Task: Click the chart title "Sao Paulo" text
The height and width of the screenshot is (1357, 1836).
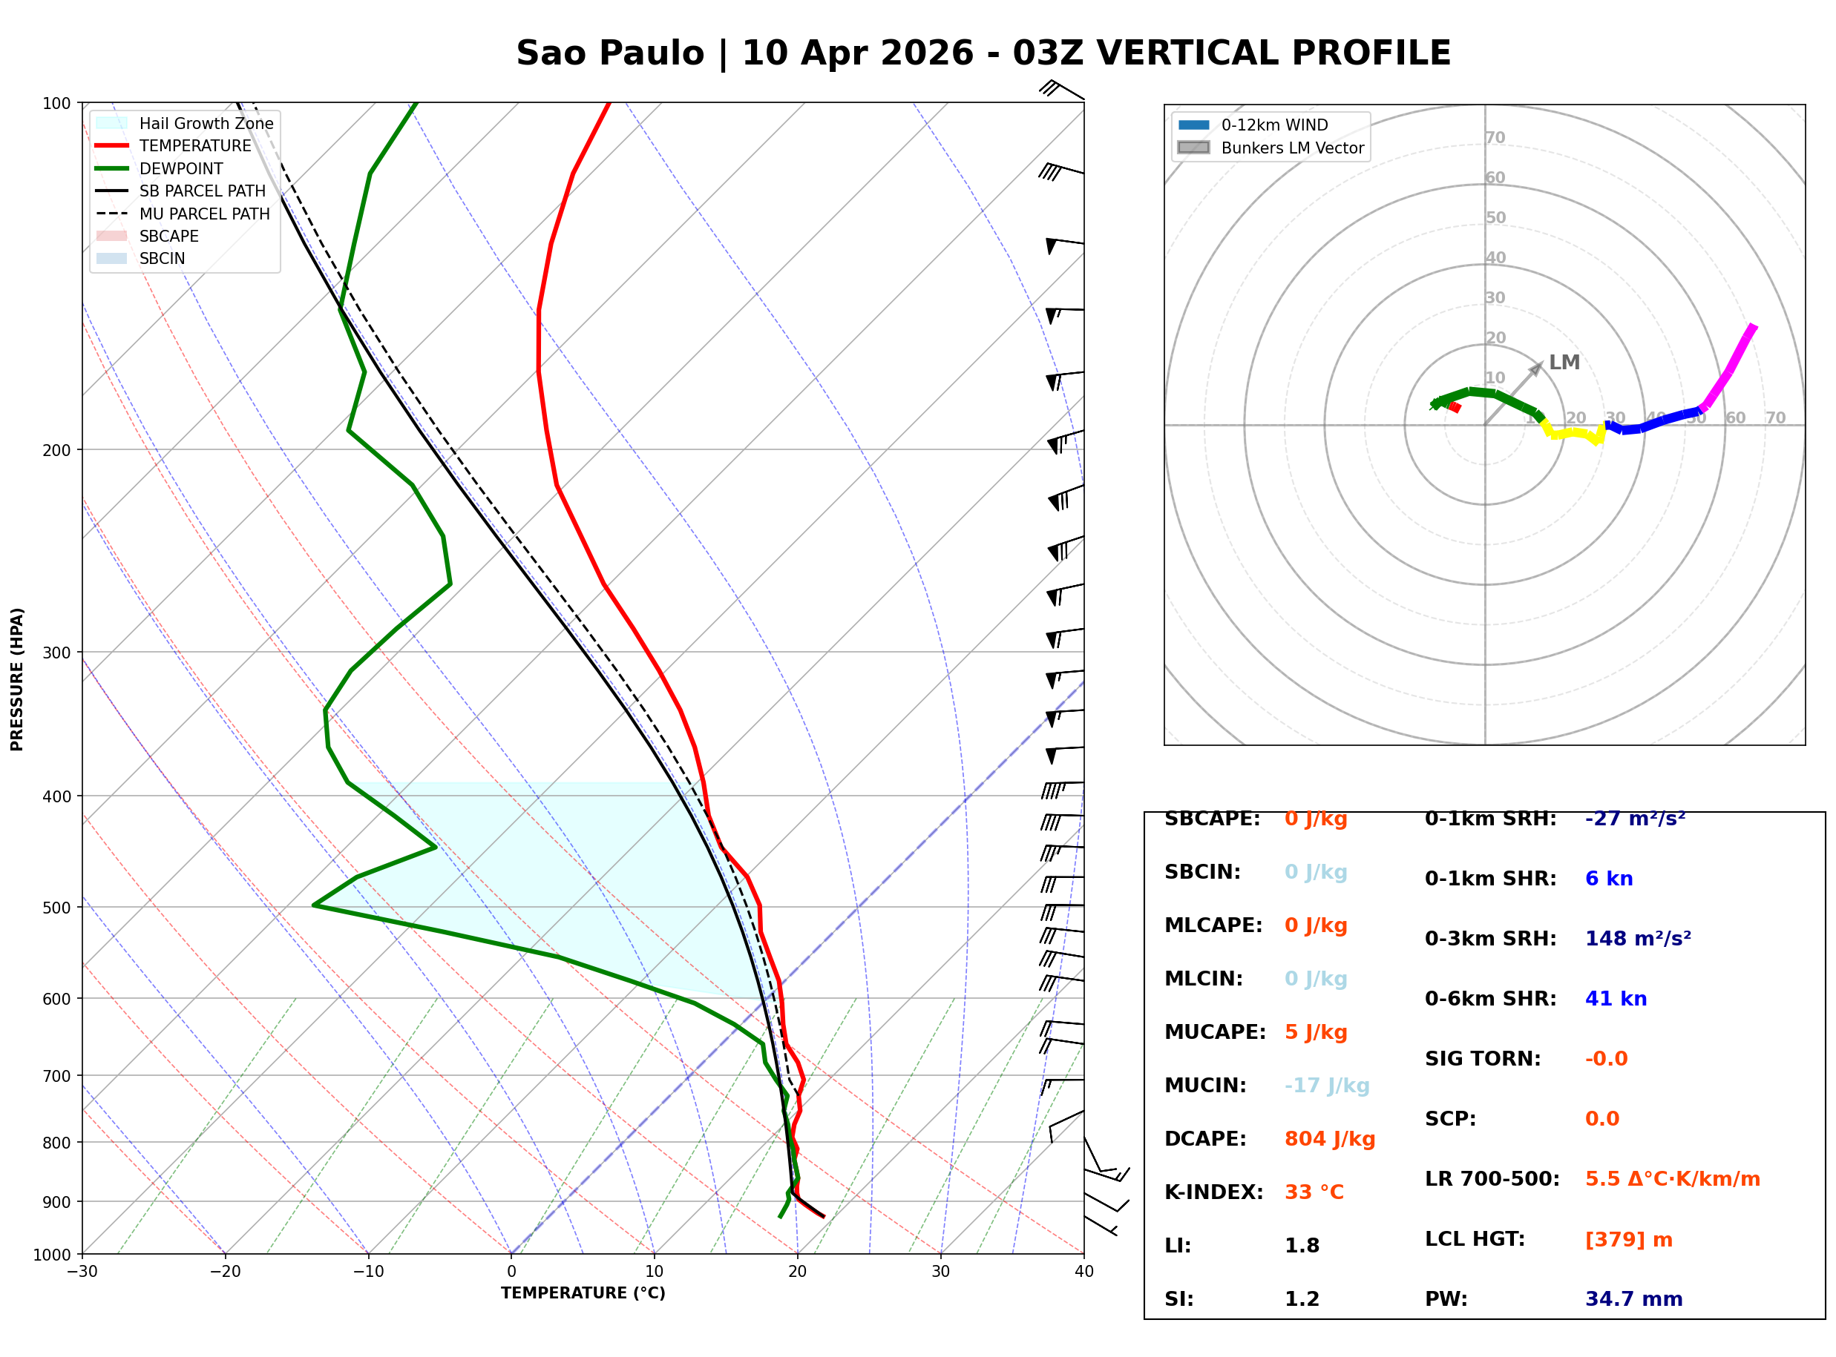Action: pos(610,53)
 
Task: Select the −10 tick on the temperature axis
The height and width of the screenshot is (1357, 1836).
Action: pos(367,1272)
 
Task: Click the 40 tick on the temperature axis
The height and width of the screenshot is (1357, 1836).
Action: pos(1083,1272)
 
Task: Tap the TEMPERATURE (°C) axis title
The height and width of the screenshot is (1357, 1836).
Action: pos(583,1293)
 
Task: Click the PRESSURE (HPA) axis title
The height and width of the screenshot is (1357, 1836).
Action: pos(17,679)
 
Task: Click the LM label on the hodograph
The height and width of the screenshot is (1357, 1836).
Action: pos(1564,363)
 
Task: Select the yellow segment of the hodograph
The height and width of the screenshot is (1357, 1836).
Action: pos(1573,432)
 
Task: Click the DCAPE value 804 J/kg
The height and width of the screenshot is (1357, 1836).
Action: pos(1330,1139)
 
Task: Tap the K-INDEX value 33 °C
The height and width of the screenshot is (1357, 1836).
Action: pos(1314,1192)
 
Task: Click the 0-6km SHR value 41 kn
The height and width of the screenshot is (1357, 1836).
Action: pos(1616,999)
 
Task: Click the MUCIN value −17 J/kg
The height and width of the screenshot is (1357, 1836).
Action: pos(1326,1086)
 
